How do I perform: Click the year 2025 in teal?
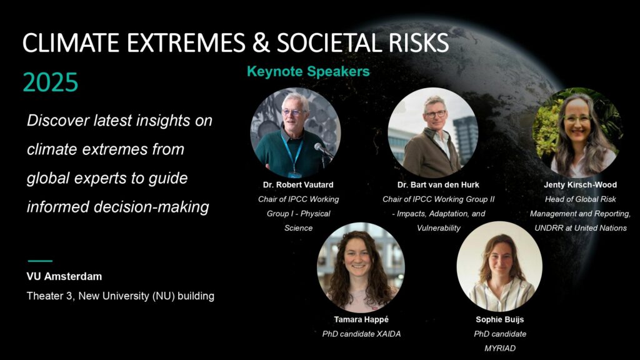tap(50, 82)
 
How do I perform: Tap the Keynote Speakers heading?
tap(308, 71)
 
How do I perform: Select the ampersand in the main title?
tap(261, 42)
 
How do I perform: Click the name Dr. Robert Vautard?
tap(298, 184)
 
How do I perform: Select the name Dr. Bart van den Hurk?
tap(438, 184)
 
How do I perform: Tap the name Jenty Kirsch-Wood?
tap(581, 184)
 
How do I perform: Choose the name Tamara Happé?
tap(361, 319)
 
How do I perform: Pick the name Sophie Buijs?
tap(499, 319)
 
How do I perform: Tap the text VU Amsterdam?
tap(64, 276)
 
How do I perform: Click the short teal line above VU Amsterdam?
tap(40, 261)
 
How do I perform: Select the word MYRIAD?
tap(500, 348)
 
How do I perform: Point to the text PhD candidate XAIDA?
tap(362, 334)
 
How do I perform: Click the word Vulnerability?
tap(438, 228)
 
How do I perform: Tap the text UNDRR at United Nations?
tap(581, 228)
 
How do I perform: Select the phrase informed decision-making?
tap(118, 207)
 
